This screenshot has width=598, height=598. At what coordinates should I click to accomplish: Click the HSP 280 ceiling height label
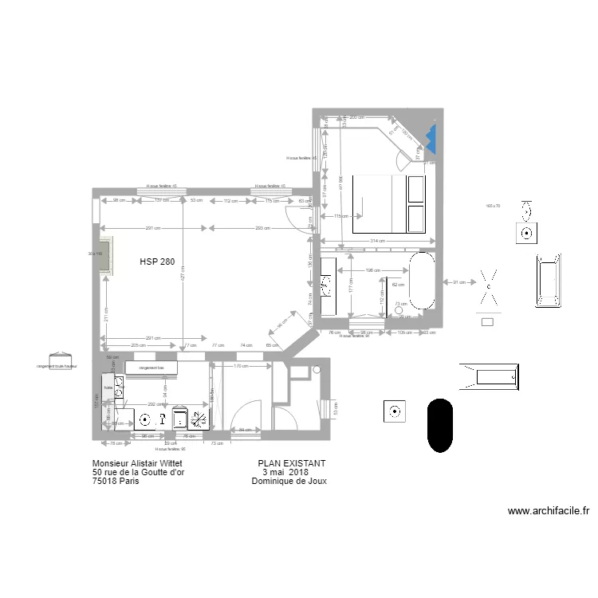pyautogui.click(x=157, y=262)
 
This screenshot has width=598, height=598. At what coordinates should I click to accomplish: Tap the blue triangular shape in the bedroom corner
pyautogui.click(x=431, y=138)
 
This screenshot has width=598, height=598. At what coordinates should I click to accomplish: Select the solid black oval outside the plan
pyautogui.click(x=439, y=426)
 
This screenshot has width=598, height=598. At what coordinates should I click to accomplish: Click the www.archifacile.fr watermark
pyautogui.click(x=548, y=511)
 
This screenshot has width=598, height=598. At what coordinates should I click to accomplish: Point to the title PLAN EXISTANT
pyautogui.click(x=292, y=463)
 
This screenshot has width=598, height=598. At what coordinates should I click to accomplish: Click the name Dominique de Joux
pyautogui.click(x=289, y=482)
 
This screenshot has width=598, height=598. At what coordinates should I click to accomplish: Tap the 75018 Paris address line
pyautogui.click(x=116, y=482)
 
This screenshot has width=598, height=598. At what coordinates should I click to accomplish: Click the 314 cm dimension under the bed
pyautogui.click(x=378, y=241)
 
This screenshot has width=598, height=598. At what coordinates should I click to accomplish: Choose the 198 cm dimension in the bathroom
pyautogui.click(x=372, y=270)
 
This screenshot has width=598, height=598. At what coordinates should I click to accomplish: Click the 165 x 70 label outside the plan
pyautogui.click(x=492, y=207)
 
